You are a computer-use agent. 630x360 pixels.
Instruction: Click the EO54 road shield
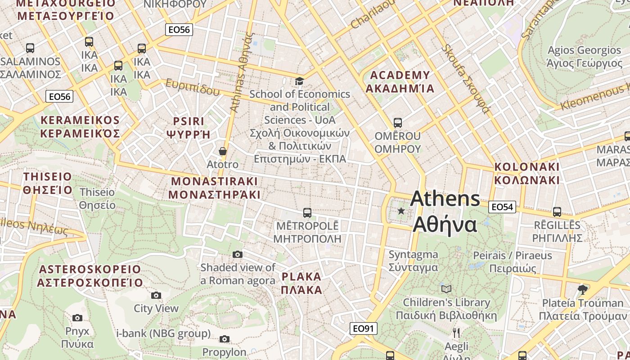[x=502, y=207]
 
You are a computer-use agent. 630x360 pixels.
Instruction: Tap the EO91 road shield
[x=363, y=328]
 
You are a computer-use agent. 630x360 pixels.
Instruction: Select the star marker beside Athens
[x=401, y=211]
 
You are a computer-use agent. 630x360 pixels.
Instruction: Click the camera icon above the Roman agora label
[x=238, y=255]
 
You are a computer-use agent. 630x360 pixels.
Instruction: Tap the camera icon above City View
[x=156, y=295]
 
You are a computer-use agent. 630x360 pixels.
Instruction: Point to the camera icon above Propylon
[x=224, y=339]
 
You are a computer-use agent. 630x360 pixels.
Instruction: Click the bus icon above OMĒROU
[x=397, y=122]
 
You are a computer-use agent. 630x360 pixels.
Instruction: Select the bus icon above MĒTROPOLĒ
[x=307, y=212]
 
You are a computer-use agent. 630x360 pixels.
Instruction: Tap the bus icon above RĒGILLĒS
[x=557, y=211]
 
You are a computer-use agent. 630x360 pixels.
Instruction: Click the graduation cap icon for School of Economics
[x=299, y=81]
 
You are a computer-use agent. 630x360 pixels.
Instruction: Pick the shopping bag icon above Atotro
[x=222, y=151]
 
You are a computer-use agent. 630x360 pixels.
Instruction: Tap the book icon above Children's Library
[x=446, y=289]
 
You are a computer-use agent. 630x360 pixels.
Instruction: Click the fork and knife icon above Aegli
[x=456, y=333]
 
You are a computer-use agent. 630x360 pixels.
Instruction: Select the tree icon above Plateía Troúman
[x=582, y=289]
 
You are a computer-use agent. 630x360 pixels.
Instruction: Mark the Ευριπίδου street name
[x=192, y=87]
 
